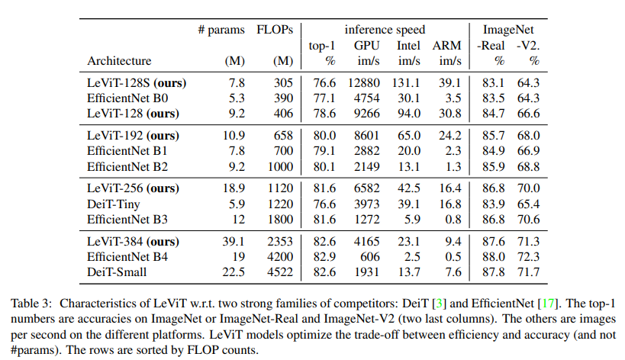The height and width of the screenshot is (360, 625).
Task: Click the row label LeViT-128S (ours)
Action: click(x=137, y=82)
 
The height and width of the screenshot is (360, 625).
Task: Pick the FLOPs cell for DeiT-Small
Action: click(x=279, y=272)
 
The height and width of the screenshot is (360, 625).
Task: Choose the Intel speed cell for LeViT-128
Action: click(x=408, y=113)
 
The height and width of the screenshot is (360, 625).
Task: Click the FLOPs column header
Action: click(x=276, y=31)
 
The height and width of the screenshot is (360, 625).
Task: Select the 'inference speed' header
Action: click(x=382, y=31)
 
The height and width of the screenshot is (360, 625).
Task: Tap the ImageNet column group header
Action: click(x=507, y=31)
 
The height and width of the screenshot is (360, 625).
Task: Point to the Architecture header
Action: click(x=119, y=60)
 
